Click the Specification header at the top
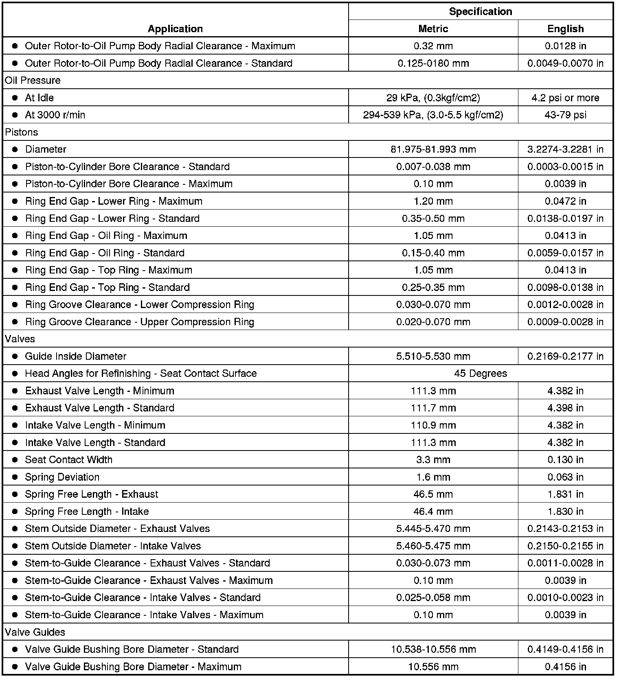pyautogui.click(x=480, y=11)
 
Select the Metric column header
pyautogui.click(x=433, y=28)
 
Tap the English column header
pyautogui.click(x=565, y=28)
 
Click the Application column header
pyautogui.click(x=175, y=28)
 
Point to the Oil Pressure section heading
pyautogui.click(x=33, y=80)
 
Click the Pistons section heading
pyautogui.click(x=21, y=132)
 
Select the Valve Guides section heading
pyautogui.click(x=35, y=632)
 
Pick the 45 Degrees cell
pyautogui.click(x=480, y=373)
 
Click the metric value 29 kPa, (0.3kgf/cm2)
pyautogui.click(x=433, y=98)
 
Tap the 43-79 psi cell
pyautogui.click(x=565, y=115)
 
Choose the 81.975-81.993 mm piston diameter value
pyautogui.click(x=433, y=149)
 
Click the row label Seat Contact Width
pyautogui.click(x=68, y=459)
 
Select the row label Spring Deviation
pyautogui.click(x=62, y=477)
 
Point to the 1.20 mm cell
pyautogui.click(x=433, y=201)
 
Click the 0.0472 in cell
pyautogui.click(x=565, y=201)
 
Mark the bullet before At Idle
pyautogui.click(x=15, y=98)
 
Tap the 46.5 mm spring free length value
pyautogui.click(x=433, y=494)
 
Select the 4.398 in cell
pyautogui.click(x=565, y=408)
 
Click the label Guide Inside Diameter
pyautogui.click(x=75, y=356)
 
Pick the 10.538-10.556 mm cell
pyautogui.click(x=433, y=649)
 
